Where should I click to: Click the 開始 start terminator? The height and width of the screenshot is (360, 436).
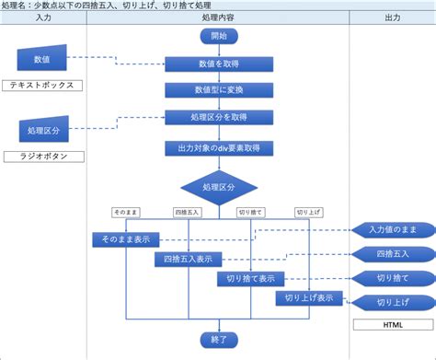pos(218,37)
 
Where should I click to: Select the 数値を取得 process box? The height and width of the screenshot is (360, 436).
pos(218,64)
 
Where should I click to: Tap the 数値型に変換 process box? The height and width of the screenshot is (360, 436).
pos(218,90)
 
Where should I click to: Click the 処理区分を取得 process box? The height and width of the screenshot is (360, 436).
pos(218,117)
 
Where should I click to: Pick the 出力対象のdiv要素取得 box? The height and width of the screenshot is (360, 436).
pos(218,147)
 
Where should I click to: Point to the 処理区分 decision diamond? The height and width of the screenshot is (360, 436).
pos(218,187)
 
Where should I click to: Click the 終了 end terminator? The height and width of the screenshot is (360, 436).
pos(218,339)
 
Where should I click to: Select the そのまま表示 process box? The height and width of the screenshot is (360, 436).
pos(126,239)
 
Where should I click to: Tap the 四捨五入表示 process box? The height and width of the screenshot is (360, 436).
pos(189,260)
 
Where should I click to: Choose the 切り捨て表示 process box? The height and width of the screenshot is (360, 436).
pos(251,279)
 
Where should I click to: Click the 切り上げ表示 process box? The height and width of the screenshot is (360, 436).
pos(310,298)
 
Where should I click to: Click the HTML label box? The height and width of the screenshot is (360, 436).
pos(393,325)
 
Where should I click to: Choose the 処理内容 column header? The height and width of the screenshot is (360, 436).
pos(218,17)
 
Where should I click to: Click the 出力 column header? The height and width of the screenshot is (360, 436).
pos(393,17)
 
